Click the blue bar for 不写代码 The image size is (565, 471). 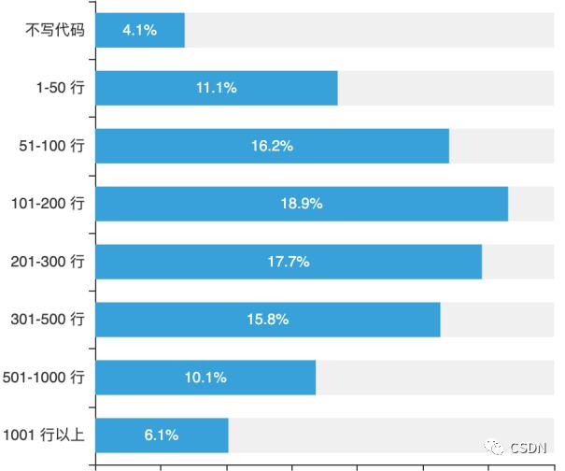pyautogui.click(x=140, y=30)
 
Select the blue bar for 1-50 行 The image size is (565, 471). pyautogui.click(x=216, y=88)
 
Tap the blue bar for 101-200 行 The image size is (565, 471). pyautogui.click(x=302, y=204)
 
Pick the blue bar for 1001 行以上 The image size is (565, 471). pyautogui.click(x=162, y=435)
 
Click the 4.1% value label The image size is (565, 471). pyautogui.click(x=140, y=30)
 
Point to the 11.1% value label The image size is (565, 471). pyautogui.click(x=216, y=88)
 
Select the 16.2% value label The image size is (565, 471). pyautogui.click(x=272, y=146)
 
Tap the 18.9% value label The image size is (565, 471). pyautogui.click(x=302, y=204)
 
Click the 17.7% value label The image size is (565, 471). pyautogui.click(x=289, y=262)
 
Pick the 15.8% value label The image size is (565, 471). pyautogui.click(x=268, y=320)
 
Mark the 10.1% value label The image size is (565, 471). pyautogui.click(x=205, y=378)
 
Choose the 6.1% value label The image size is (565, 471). pyautogui.click(x=162, y=435)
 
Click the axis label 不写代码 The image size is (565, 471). pyautogui.click(x=55, y=30)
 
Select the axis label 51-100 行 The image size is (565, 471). pyautogui.click(x=51, y=146)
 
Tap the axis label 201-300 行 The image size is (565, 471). pyautogui.click(x=47, y=262)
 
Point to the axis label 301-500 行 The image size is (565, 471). pyautogui.click(x=47, y=320)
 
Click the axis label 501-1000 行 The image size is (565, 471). pyautogui.click(x=43, y=378)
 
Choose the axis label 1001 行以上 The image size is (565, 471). pyautogui.click(x=43, y=435)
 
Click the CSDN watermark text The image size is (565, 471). pyautogui.click(x=530, y=447)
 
